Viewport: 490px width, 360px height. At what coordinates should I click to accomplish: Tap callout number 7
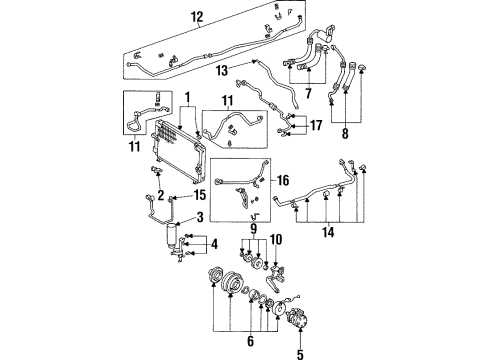(307, 93)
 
